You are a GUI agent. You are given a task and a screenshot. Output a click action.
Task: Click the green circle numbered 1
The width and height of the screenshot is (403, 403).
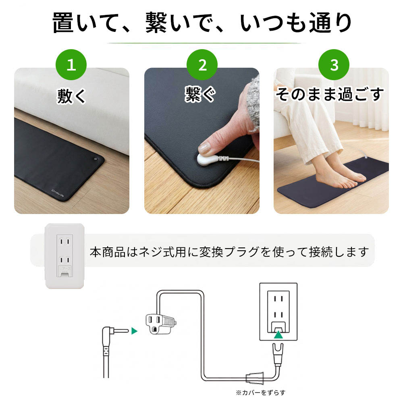[71, 64]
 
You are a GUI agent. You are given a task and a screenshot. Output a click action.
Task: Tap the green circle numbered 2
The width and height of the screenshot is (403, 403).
[202, 64]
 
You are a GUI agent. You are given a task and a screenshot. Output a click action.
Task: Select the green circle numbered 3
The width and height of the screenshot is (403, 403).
[334, 64]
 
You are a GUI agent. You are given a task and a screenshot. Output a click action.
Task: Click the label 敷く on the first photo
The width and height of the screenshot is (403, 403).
[71, 96]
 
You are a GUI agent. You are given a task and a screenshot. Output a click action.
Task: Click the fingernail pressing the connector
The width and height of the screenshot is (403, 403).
[205, 149]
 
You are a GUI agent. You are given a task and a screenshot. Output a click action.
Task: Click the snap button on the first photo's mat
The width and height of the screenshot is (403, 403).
[96, 159]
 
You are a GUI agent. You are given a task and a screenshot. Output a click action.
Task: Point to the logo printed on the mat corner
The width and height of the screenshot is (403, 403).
[58, 194]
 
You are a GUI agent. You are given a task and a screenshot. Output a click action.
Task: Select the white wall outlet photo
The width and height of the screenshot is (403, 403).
[64, 256]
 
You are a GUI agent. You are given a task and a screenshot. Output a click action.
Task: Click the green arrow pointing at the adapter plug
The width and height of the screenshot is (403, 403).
[135, 331]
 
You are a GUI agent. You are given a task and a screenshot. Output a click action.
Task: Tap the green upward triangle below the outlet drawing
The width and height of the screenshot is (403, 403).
[278, 334]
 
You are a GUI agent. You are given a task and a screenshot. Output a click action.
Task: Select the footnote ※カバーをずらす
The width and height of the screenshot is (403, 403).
[261, 393]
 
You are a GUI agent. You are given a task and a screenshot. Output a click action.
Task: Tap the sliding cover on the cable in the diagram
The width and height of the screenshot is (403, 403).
[255, 378]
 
